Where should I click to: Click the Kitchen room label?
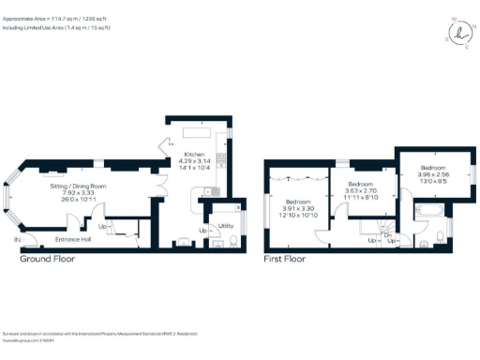pos(194,154)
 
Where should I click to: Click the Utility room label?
pos(226,226)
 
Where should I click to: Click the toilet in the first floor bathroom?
pos(425,245)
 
